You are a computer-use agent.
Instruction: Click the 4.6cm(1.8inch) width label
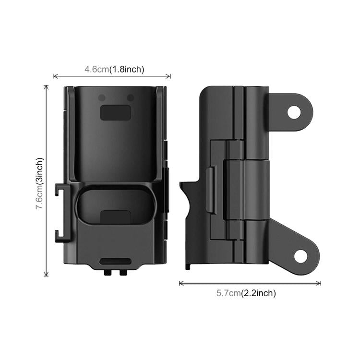[114, 69]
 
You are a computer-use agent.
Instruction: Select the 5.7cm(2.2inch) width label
[245, 293]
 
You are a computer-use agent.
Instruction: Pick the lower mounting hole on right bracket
[300, 256]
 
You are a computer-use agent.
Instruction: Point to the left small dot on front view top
[101, 98]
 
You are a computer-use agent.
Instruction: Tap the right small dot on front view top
[130, 98]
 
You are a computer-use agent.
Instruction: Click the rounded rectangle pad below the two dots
[115, 112]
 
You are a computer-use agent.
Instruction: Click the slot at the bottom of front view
[115, 262]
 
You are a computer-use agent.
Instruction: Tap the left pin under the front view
[109, 272]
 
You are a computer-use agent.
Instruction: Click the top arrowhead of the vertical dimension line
[46, 87]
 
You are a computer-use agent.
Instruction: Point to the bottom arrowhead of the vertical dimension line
[46, 275]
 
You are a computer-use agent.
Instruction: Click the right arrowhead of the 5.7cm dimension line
[319, 283]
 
